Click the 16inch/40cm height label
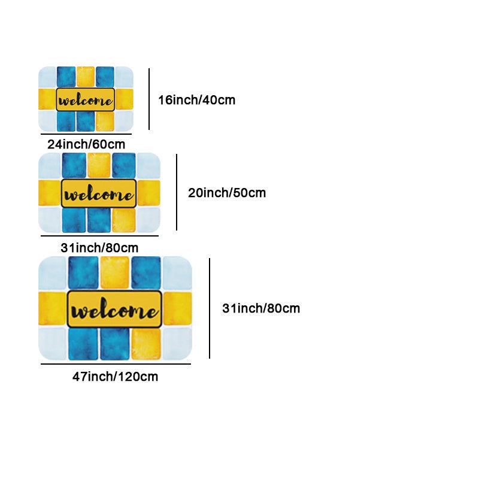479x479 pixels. (x=197, y=100)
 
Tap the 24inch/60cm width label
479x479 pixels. (x=86, y=144)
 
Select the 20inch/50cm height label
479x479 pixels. (x=227, y=193)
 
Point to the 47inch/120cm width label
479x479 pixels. (x=115, y=377)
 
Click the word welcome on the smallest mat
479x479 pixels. (x=86, y=100)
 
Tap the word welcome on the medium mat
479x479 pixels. (x=99, y=193)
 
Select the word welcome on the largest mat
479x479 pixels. (x=114, y=309)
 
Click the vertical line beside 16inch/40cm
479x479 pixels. (x=149, y=99)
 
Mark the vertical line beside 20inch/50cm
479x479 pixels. (x=177, y=192)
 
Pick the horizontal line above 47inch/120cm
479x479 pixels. (x=116, y=364)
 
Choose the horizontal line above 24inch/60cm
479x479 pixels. (x=86, y=134)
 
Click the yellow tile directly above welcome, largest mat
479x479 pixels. (x=115, y=272)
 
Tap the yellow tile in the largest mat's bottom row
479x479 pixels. (x=146, y=344)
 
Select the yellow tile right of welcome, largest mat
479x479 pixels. (x=177, y=308)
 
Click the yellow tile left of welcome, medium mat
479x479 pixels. (x=50, y=193)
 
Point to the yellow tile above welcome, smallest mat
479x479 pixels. (x=86, y=77)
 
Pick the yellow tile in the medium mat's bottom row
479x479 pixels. (x=124, y=220)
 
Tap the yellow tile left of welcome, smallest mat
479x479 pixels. (x=47, y=99)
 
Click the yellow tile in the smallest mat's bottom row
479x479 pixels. (x=105, y=122)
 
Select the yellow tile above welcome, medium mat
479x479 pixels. (x=99, y=165)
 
